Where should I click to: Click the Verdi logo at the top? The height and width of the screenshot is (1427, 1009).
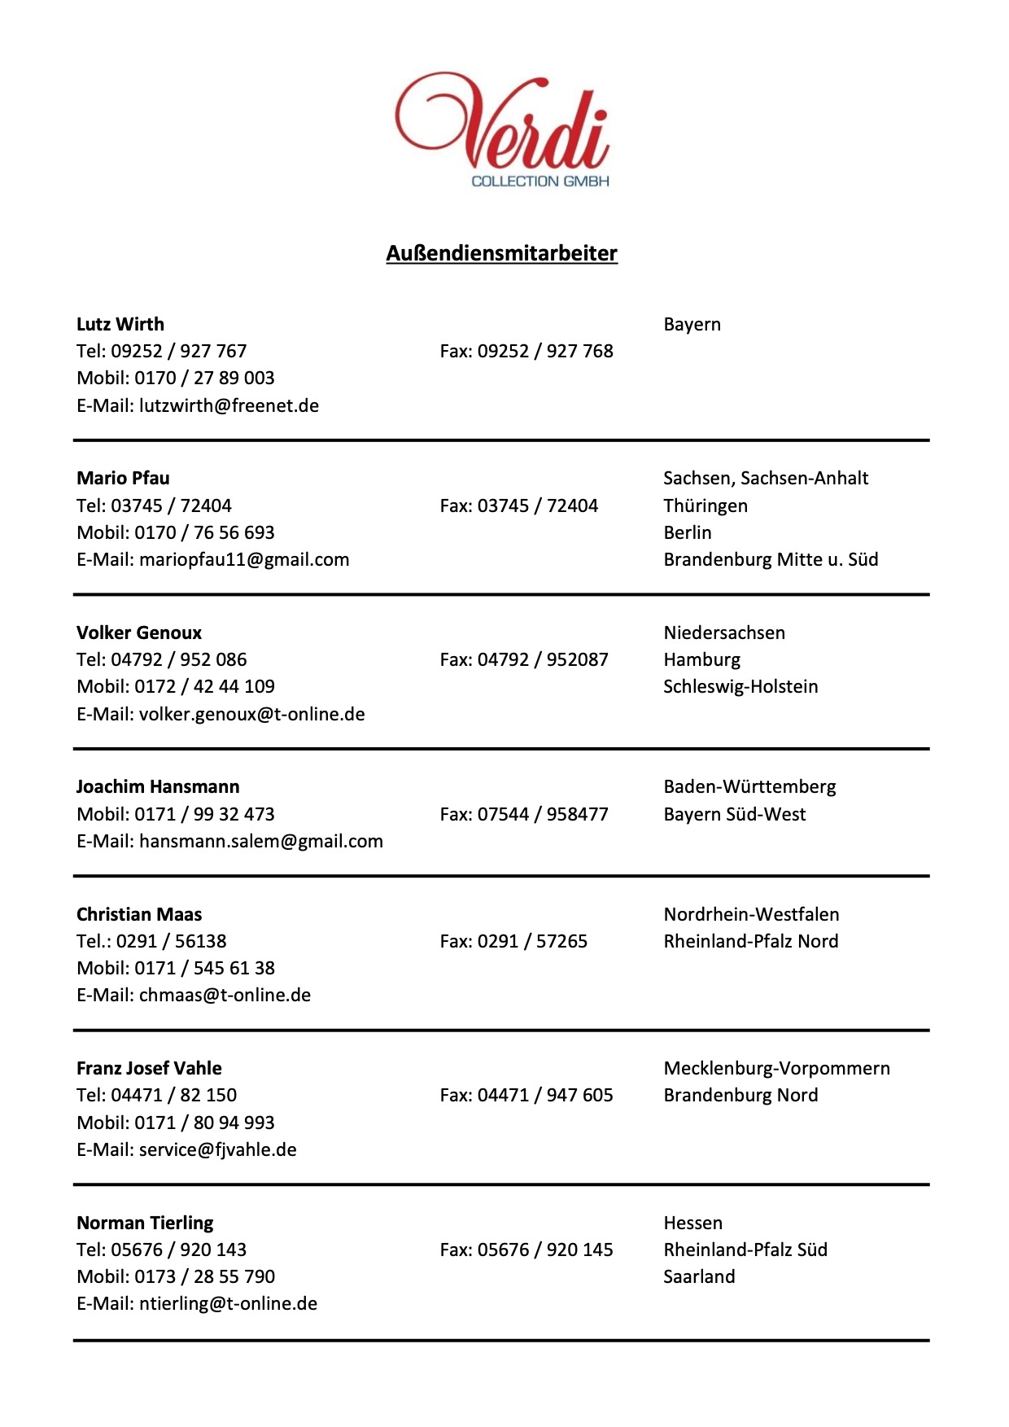502,130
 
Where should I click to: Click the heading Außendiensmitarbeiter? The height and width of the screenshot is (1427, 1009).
501,253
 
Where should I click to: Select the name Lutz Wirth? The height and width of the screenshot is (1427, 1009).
120,324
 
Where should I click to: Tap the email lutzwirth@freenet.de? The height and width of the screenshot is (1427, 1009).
229,405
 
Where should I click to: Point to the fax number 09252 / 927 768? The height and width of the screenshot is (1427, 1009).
545,351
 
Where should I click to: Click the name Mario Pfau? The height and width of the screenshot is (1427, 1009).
123,478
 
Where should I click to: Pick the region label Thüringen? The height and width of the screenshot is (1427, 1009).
705,506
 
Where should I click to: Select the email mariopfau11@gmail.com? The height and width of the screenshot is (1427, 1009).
244,559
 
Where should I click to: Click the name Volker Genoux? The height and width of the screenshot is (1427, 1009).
139,633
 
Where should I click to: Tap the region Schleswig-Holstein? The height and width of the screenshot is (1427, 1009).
740,686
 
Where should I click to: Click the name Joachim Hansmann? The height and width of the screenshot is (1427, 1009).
158,786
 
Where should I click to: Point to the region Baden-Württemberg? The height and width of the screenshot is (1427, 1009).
749,786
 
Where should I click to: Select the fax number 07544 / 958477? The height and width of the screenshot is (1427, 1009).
543,814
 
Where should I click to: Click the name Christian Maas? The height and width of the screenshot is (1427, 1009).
139,914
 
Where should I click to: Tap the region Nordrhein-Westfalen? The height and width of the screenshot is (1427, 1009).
751,914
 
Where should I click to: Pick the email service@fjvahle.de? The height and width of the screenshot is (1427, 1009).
217,1149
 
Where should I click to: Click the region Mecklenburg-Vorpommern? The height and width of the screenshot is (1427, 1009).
776,1068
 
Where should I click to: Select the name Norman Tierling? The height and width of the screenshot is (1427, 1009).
145,1223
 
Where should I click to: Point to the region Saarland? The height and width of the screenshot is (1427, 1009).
699,1276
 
